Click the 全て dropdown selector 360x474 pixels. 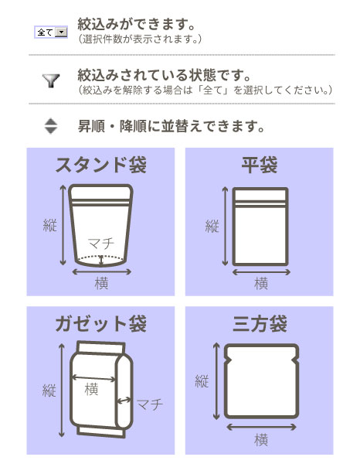click(51, 32)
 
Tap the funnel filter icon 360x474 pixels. click(50, 81)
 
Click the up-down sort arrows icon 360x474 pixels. click(50, 125)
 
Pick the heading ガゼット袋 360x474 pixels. click(100, 323)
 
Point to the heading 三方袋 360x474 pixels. click(260, 323)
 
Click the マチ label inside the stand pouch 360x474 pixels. click(100, 243)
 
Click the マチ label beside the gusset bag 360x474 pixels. click(149, 404)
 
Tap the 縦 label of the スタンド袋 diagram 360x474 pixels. click(49, 226)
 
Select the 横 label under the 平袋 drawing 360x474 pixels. click(261, 283)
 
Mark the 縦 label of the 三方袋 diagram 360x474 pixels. click(202, 381)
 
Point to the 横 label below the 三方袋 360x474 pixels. click(261, 440)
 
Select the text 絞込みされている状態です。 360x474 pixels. click(165, 75)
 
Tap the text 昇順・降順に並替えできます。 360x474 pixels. click(172, 125)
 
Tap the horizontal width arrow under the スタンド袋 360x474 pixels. click(101, 271)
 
